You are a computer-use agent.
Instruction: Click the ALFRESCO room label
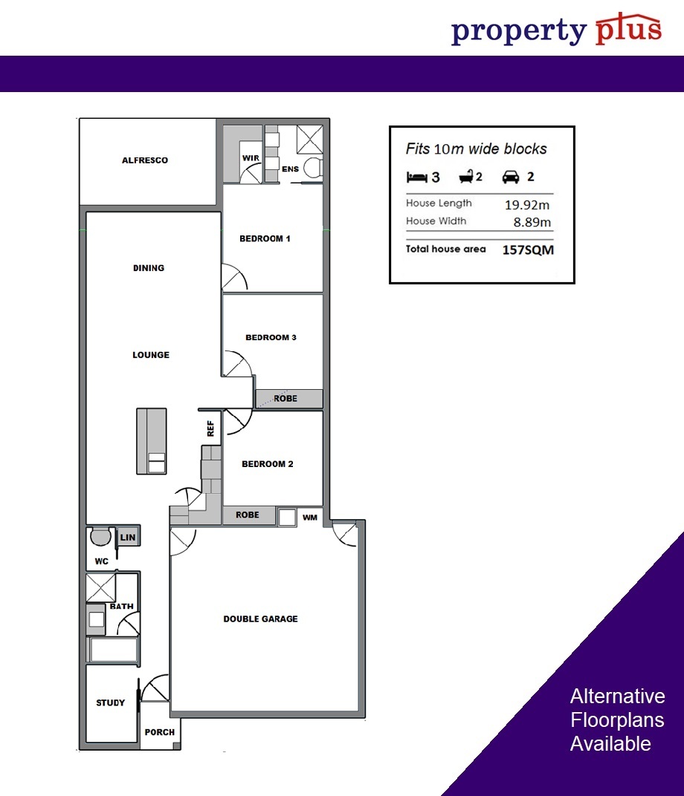(145, 160)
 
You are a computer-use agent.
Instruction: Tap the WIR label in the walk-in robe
(251, 158)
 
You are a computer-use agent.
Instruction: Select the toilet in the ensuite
(312, 167)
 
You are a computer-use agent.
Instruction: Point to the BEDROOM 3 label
(271, 337)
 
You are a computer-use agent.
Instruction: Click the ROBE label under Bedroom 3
(285, 399)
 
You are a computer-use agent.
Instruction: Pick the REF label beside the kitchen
(211, 428)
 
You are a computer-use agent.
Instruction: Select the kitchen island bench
(152, 441)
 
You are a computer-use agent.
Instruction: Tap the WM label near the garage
(310, 518)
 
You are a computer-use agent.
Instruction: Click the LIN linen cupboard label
(128, 537)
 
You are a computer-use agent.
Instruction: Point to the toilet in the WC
(100, 536)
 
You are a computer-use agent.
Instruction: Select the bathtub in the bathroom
(114, 649)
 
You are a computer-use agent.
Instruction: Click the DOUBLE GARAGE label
(261, 619)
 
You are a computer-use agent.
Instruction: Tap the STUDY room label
(110, 702)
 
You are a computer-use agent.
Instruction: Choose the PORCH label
(160, 732)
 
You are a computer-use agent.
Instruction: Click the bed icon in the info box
(416, 177)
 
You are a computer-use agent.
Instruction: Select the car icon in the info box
(511, 176)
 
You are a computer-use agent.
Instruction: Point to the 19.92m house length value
(527, 205)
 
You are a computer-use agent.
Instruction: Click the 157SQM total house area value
(528, 249)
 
